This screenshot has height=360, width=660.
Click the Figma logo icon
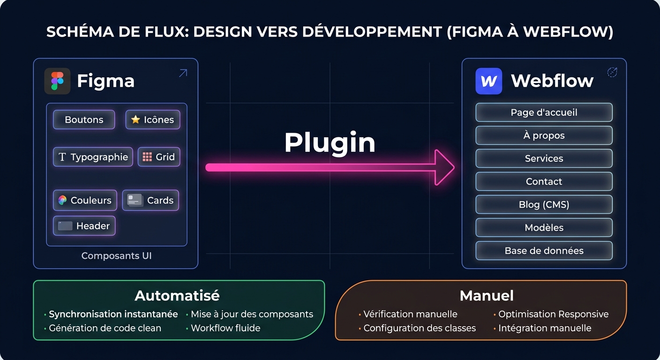click(x=57, y=81)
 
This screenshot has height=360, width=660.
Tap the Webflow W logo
click(x=488, y=81)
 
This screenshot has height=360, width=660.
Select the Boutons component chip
click(x=84, y=120)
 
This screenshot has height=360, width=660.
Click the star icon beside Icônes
click(x=135, y=120)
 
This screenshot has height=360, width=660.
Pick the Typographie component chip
click(x=93, y=157)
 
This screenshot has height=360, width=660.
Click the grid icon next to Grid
click(x=147, y=157)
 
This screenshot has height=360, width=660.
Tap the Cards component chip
click(x=150, y=200)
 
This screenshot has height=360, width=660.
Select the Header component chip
click(x=84, y=226)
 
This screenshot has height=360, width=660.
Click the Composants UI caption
click(x=116, y=256)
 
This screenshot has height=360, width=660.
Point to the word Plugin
click(x=330, y=142)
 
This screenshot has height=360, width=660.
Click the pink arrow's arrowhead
click(x=443, y=167)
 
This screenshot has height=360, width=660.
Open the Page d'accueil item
click(x=544, y=112)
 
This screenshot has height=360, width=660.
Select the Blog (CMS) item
click(x=544, y=204)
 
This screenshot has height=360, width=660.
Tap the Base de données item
click(x=544, y=251)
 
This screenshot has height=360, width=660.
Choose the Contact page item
click(x=544, y=181)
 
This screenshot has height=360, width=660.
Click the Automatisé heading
click(x=177, y=296)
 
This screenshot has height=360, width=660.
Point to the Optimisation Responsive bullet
click(x=553, y=314)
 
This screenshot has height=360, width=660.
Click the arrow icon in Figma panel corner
click(x=183, y=73)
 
